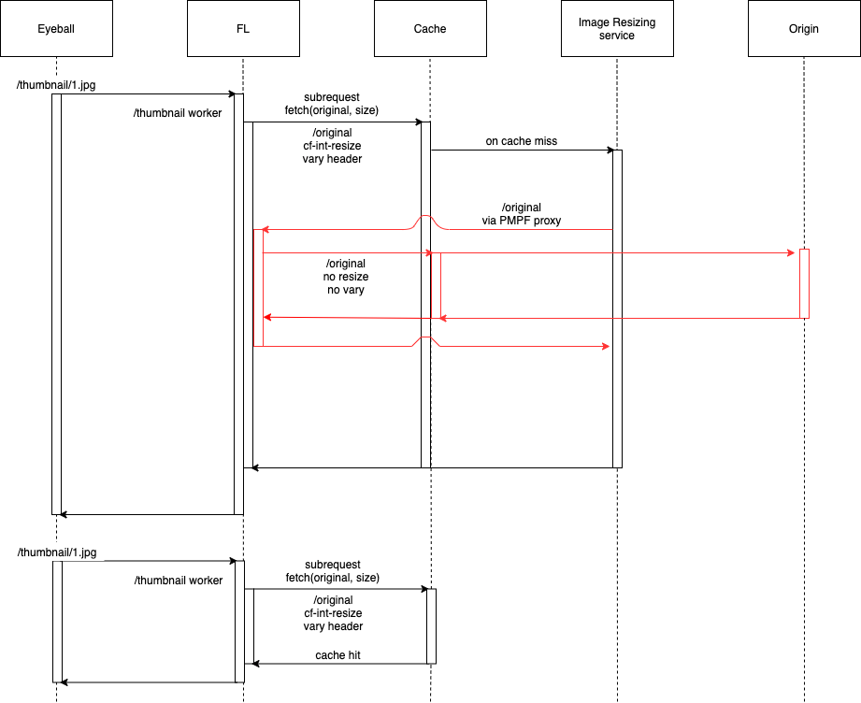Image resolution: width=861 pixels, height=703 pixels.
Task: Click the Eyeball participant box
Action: coord(56,29)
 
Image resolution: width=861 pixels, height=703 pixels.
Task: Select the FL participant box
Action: coord(243,29)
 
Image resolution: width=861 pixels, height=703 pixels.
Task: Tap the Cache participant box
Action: coord(430,29)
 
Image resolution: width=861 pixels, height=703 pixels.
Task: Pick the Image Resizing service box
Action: coord(617,29)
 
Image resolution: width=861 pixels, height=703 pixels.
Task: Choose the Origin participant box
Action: coord(804,29)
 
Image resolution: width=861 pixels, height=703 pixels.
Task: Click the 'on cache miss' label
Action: coord(521,141)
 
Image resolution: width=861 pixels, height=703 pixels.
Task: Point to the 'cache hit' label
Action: coord(337,655)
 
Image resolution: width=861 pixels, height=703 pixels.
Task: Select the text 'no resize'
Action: coord(345,277)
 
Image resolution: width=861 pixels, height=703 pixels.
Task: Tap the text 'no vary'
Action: coord(345,290)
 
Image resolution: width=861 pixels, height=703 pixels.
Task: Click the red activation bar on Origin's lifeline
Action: coord(805,283)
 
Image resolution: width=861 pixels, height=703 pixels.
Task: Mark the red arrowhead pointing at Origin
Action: coord(791,253)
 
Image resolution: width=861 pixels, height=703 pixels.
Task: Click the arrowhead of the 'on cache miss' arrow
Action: coord(610,150)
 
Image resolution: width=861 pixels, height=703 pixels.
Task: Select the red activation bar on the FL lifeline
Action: coord(258,288)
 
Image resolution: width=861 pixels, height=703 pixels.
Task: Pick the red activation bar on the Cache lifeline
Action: coord(436,286)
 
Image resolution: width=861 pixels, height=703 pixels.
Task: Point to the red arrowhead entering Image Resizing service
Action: coord(606,346)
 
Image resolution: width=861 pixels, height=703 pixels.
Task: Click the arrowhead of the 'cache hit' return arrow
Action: coord(256,664)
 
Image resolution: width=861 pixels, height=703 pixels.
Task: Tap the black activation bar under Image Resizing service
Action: coord(617,308)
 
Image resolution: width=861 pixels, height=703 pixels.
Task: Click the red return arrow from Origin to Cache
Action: coord(620,318)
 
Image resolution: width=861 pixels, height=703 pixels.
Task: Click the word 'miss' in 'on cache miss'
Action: coord(545,141)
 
